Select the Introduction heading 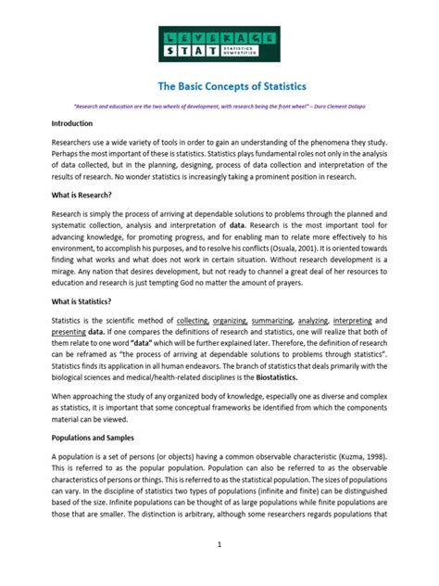pyautogui.click(x=75, y=122)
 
